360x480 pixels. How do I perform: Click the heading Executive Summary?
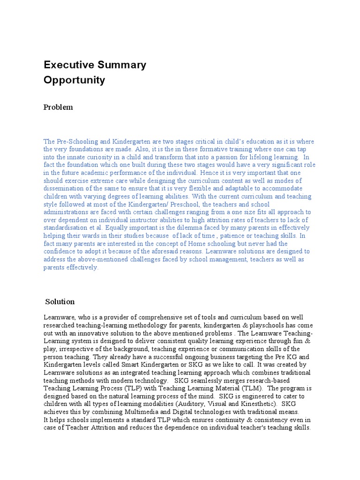coord(95,65)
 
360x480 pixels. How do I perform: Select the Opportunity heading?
coord(74,80)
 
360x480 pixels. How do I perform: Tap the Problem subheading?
coord(58,107)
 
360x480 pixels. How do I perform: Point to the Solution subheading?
coord(60,301)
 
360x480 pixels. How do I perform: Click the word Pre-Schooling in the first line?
coord(74,142)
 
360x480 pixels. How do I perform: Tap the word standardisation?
coord(66,228)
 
